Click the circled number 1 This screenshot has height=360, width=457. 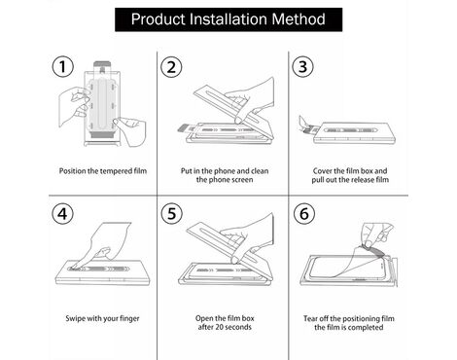63,66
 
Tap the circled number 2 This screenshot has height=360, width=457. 171,66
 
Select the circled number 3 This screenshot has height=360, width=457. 302,66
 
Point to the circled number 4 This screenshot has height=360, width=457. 63,214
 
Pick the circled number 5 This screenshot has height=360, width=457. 172,213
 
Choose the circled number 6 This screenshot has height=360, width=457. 304,213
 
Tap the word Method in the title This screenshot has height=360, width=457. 299,19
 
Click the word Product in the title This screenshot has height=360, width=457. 158,19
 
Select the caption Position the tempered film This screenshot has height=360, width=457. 103,171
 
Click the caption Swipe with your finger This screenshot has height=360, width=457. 102,318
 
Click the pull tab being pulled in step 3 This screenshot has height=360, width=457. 309,130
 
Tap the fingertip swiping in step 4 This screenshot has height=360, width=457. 74,268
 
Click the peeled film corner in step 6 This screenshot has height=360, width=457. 373,249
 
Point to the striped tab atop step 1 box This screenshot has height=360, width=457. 101,64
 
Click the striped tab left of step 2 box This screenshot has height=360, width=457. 184,128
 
